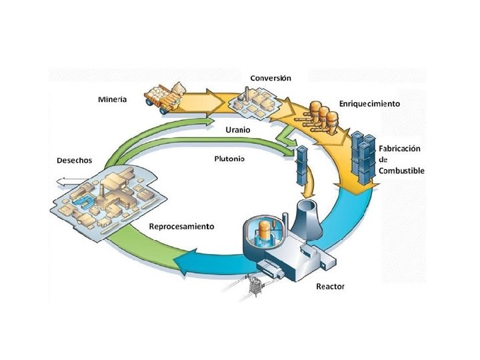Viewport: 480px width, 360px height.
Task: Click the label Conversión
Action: pyautogui.click(x=270, y=78)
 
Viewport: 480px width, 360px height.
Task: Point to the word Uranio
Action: pyautogui.click(x=237, y=130)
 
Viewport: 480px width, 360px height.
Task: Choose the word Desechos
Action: pyautogui.click(x=74, y=161)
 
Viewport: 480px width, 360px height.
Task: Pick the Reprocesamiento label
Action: pyautogui.click(x=181, y=227)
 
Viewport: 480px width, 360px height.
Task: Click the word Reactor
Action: pyautogui.click(x=330, y=287)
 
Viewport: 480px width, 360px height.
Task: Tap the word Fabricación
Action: pyautogui.click(x=402, y=149)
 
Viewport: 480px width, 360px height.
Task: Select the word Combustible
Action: pyautogui.click(x=401, y=171)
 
